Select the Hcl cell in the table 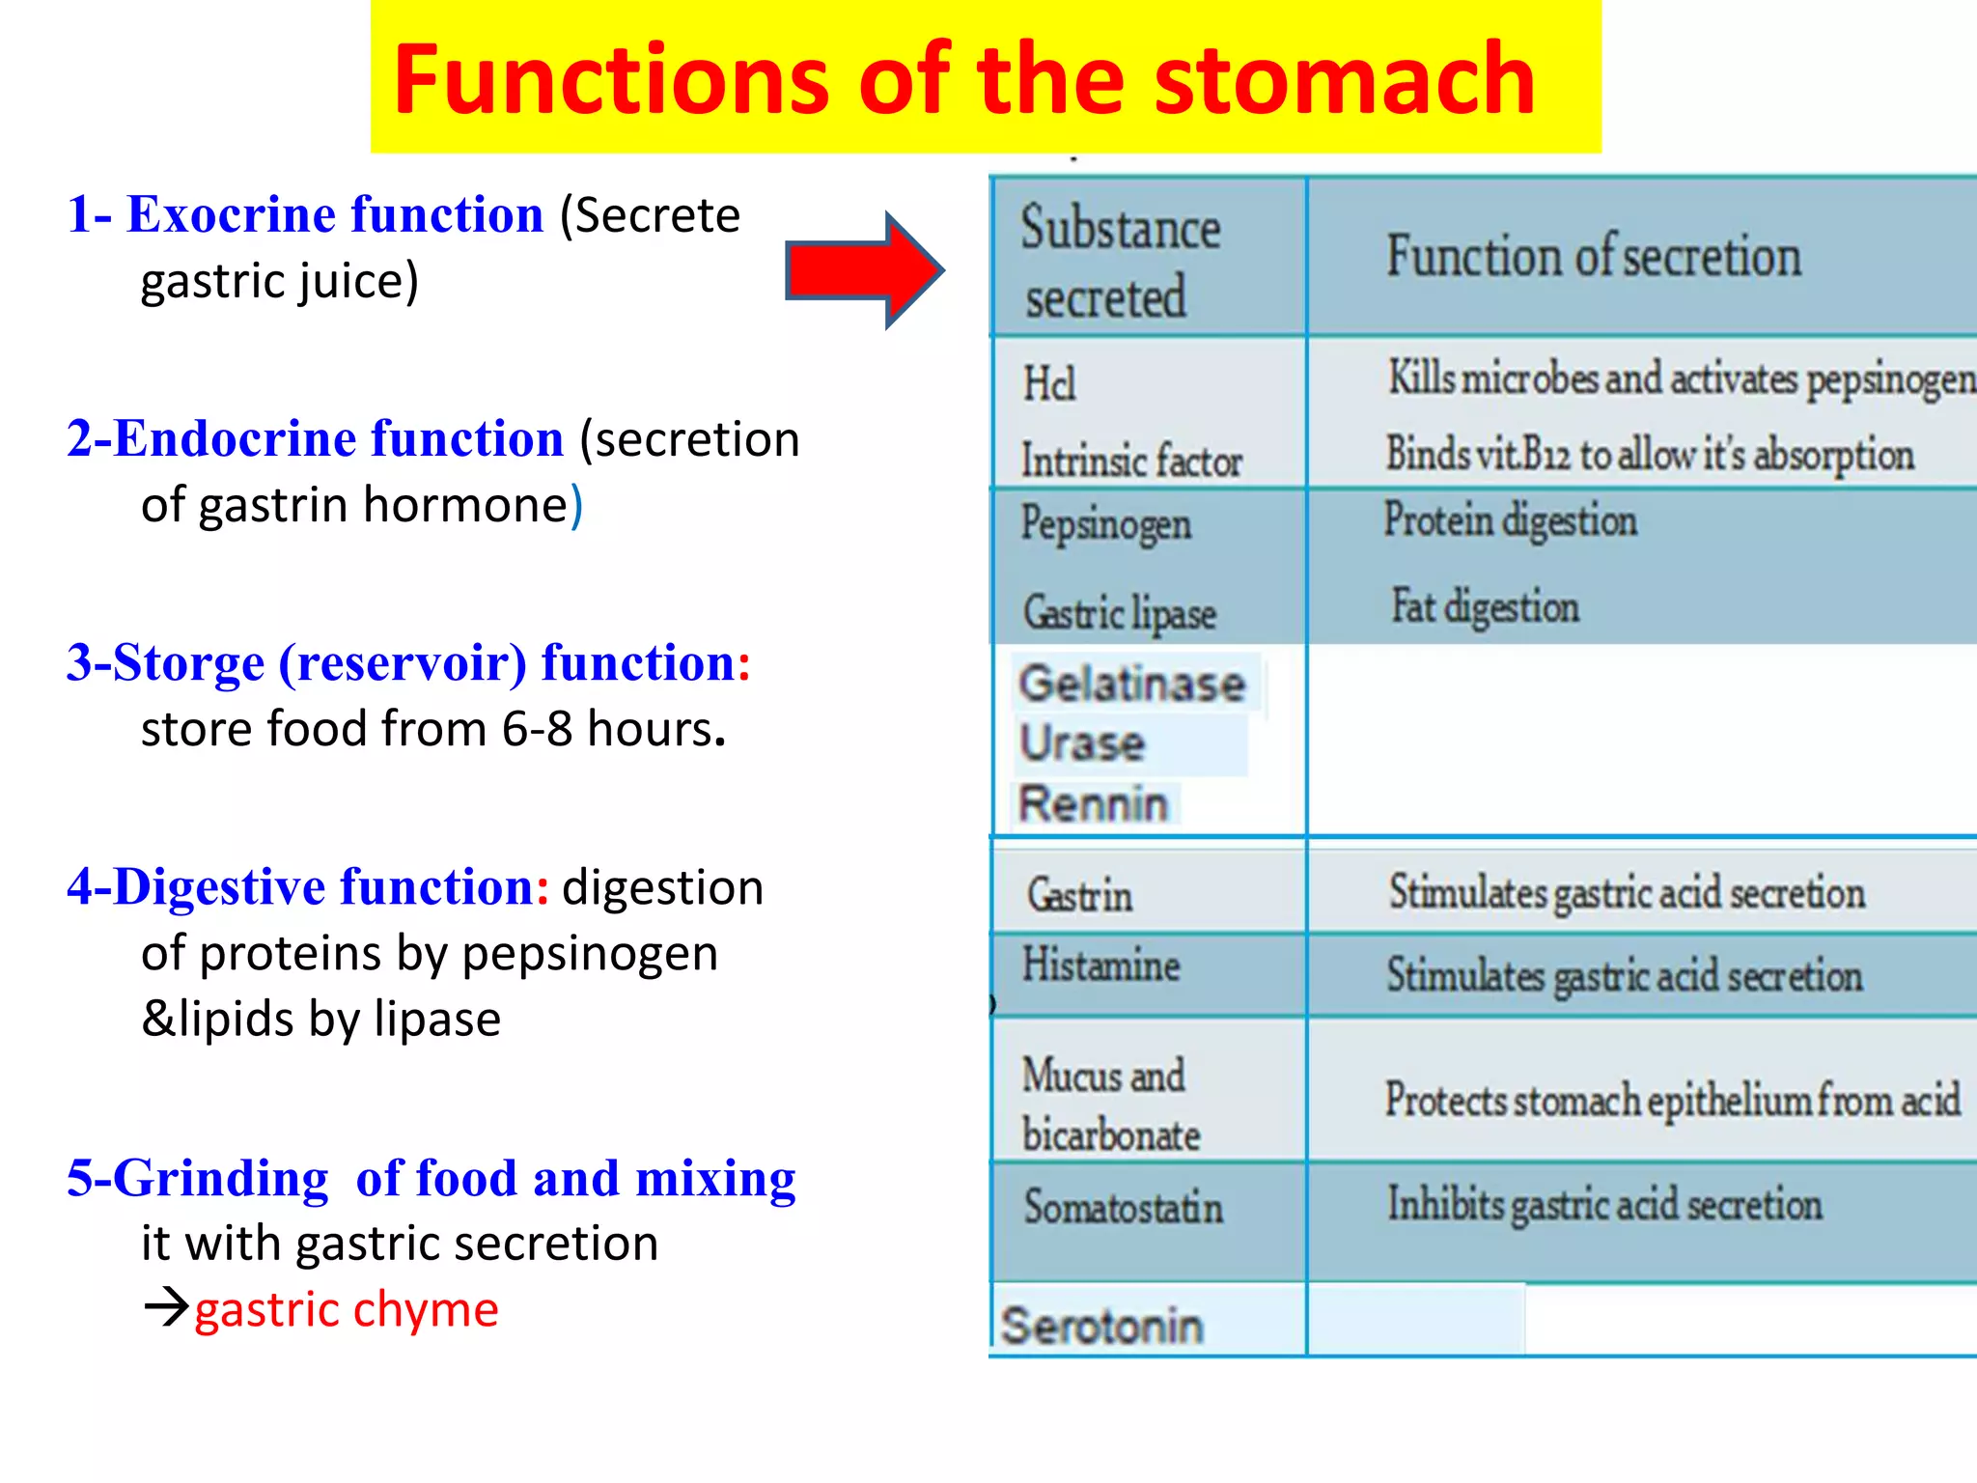(x=1049, y=383)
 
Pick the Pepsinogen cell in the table (x=1106, y=524)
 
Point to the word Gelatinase (x=1132, y=685)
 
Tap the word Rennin (x=1094, y=804)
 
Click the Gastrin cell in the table (x=1079, y=895)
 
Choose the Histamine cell (x=1100, y=965)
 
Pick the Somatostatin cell (x=1124, y=1207)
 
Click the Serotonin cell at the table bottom (x=1101, y=1326)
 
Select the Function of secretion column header (x=1594, y=257)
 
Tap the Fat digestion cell (x=1485, y=607)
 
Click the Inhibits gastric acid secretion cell (x=1604, y=1205)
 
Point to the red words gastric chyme (x=347, y=1310)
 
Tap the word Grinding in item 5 (x=220, y=1179)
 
